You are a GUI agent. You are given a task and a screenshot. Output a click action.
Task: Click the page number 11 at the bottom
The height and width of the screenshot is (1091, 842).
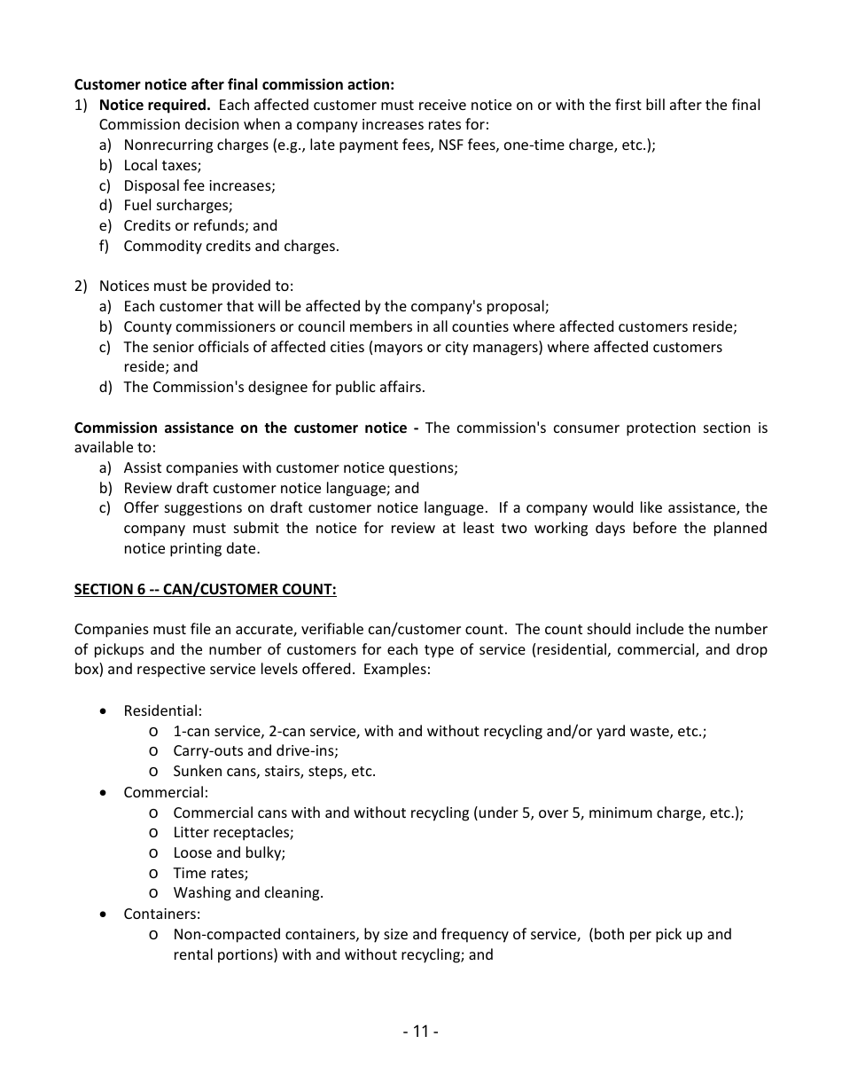(420, 1031)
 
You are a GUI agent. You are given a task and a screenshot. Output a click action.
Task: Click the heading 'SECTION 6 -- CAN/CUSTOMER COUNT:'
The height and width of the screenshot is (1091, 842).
(205, 589)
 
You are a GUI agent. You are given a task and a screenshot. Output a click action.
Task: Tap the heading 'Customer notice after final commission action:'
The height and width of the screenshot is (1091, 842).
(234, 84)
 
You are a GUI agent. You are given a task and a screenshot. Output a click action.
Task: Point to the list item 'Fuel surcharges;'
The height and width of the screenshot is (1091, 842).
(177, 205)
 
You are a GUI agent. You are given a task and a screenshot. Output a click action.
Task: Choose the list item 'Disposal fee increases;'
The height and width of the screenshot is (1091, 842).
(199, 185)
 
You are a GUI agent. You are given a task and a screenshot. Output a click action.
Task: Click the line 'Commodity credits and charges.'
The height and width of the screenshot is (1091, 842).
(230, 246)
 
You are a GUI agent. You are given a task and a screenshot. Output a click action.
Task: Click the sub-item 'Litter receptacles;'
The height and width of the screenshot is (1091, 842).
(233, 832)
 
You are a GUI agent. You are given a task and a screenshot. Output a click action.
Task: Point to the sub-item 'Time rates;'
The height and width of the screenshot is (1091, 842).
(210, 873)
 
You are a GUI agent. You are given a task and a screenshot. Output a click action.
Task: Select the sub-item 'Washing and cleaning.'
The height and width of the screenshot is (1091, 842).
(248, 893)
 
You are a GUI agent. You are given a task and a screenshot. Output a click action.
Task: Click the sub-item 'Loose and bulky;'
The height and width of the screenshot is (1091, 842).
(229, 852)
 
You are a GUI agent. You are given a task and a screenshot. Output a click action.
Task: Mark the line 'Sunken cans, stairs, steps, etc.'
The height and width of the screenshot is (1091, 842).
(274, 771)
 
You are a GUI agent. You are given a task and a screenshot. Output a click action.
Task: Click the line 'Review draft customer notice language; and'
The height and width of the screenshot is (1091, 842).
(271, 488)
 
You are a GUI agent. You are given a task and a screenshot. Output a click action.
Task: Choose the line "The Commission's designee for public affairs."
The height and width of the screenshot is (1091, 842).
(274, 387)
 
